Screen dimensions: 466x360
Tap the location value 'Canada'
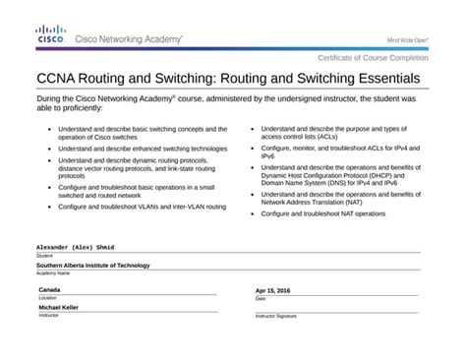[49, 290]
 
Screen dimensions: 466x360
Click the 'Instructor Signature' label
[276, 317]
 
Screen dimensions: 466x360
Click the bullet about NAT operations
[322, 212]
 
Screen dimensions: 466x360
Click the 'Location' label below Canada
[47, 298]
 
